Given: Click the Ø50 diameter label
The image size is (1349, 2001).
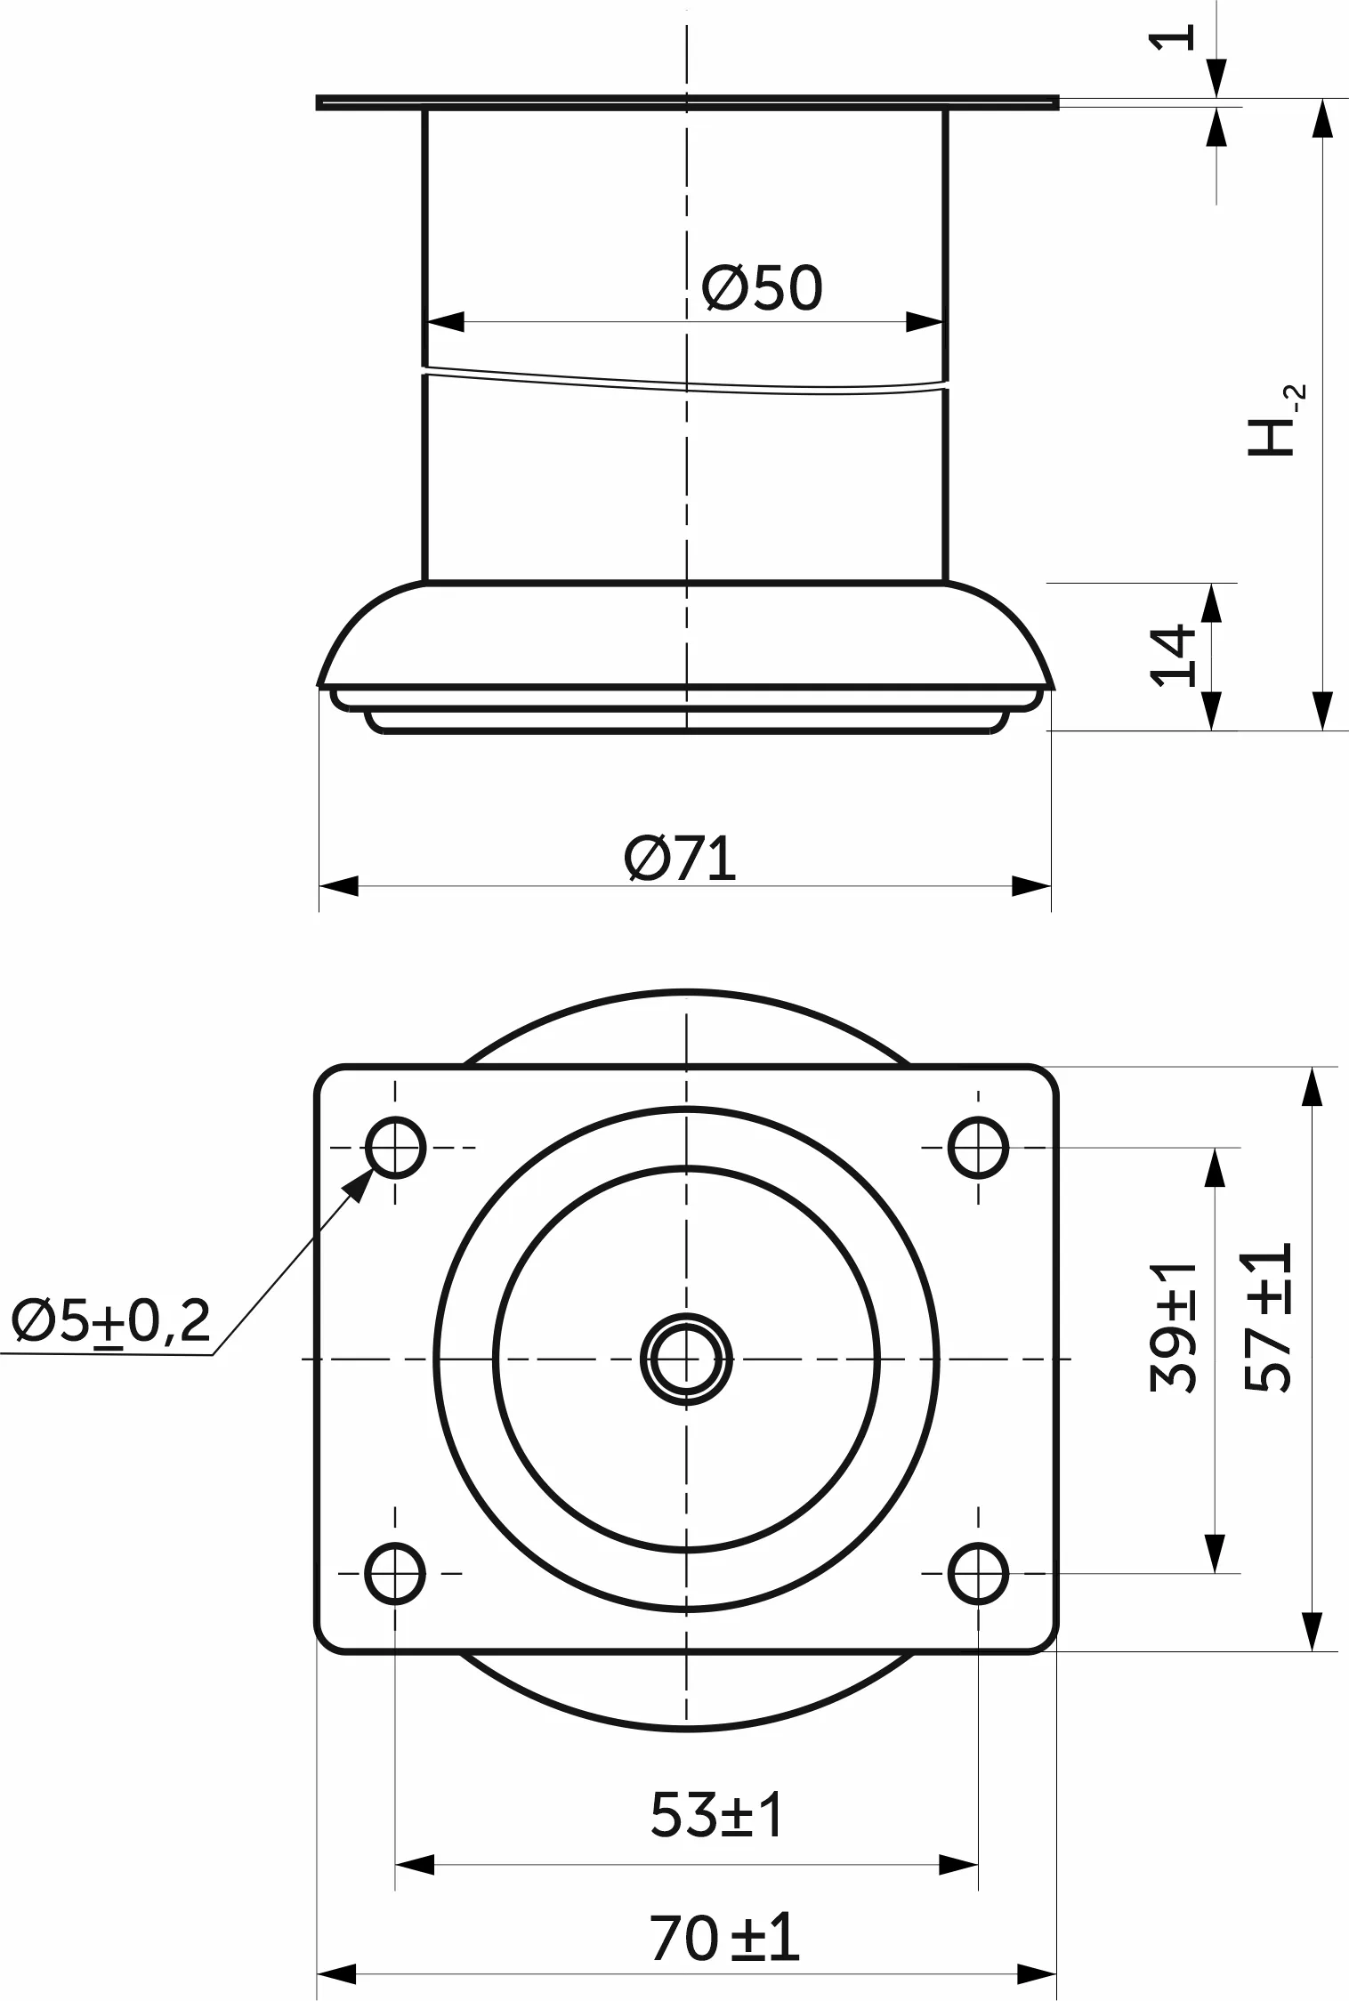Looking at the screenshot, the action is click(x=762, y=288).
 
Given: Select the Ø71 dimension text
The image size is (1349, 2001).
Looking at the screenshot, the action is click(x=681, y=859).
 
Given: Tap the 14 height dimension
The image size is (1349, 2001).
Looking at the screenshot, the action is click(x=1174, y=656).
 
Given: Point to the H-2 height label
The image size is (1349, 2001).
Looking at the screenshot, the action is click(x=1274, y=422).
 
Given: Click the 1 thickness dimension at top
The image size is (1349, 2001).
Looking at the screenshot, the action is click(x=1173, y=37).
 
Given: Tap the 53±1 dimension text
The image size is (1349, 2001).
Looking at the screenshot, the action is click(x=717, y=1815).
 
